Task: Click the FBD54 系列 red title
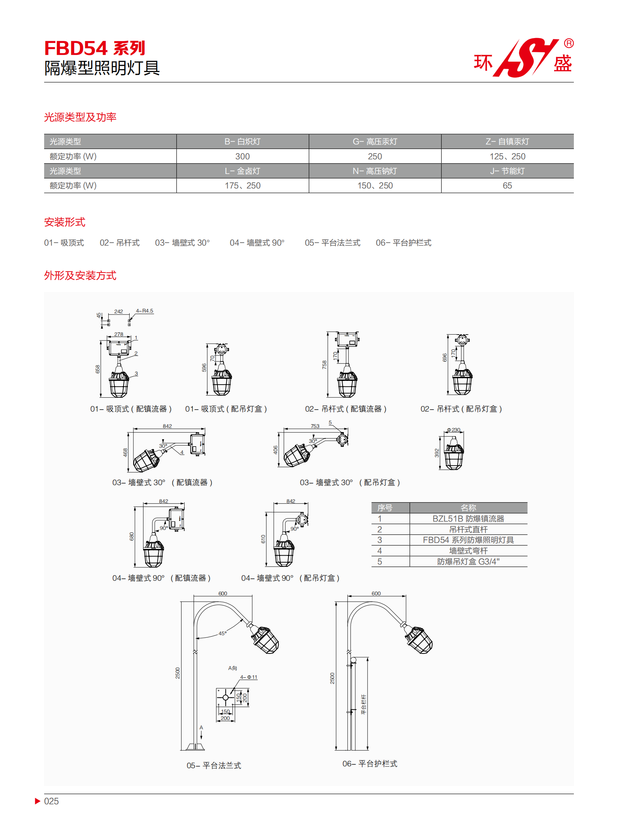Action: click(x=94, y=48)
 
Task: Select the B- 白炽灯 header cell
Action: click(x=242, y=142)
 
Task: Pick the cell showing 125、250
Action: click(x=507, y=156)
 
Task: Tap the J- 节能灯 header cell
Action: click(x=507, y=171)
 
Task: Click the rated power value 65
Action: click(x=507, y=186)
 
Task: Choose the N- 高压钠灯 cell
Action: click(x=375, y=171)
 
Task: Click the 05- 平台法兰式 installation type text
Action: click(x=333, y=243)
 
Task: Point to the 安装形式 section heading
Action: click(x=65, y=222)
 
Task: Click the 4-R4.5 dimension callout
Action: click(x=144, y=311)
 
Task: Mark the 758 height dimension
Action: click(x=324, y=364)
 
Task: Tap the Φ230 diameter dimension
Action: click(x=454, y=430)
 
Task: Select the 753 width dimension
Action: click(x=315, y=426)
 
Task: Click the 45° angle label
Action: click(x=223, y=633)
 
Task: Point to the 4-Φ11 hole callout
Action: click(x=249, y=677)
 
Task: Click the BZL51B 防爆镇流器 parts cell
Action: click(x=469, y=519)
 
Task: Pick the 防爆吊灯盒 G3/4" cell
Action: click(x=469, y=562)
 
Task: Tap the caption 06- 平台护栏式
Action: click(x=370, y=764)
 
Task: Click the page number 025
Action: click(x=51, y=801)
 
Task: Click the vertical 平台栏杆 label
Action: click(x=363, y=705)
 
